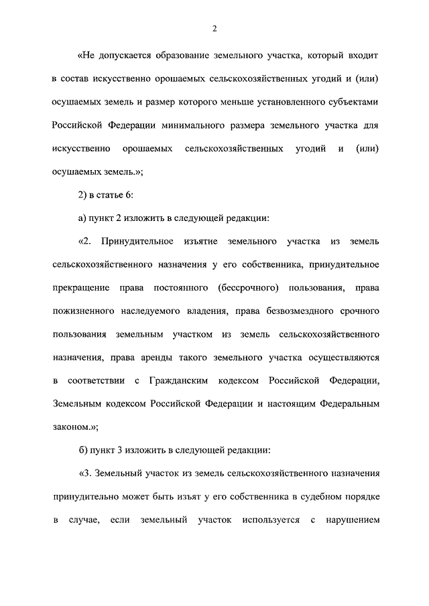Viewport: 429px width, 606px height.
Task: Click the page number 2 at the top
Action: coord(214,28)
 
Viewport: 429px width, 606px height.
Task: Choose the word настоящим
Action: coord(286,404)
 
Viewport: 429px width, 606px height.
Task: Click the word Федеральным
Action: coord(349,404)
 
